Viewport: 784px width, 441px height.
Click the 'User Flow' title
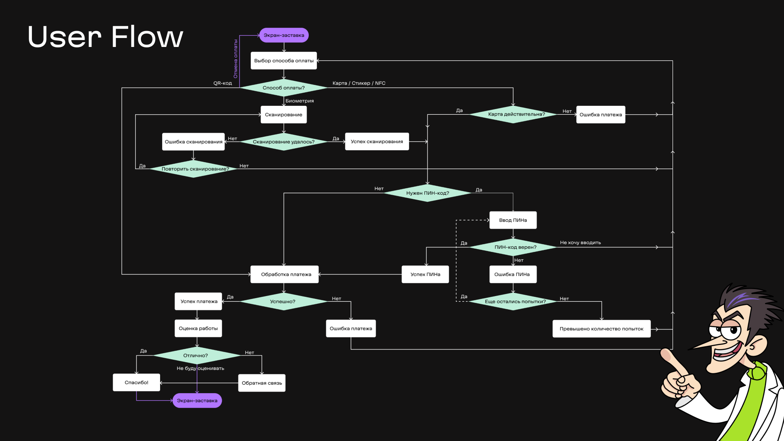point(105,37)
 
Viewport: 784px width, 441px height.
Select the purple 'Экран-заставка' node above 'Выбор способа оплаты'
point(284,35)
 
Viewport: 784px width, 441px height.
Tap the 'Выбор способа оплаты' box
point(284,60)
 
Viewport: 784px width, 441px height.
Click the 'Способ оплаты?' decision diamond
point(284,88)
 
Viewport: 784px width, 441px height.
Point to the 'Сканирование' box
point(284,115)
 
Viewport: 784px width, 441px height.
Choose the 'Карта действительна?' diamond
point(513,114)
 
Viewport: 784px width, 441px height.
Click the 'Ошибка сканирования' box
point(194,142)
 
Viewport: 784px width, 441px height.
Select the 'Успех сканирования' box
point(377,142)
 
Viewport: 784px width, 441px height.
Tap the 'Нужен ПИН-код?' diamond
point(428,193)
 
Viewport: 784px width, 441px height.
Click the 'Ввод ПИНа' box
point(513,220)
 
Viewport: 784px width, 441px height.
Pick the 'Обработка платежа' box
point(285,274)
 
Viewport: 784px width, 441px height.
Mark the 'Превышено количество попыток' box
point(601,329)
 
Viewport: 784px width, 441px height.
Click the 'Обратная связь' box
point(262,383)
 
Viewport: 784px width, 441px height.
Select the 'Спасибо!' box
point(136,383)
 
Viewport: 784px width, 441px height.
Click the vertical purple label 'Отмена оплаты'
point(236,59)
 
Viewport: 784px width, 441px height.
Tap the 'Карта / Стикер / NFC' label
point(359,83)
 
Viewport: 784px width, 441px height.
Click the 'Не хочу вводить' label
point(580,243)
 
